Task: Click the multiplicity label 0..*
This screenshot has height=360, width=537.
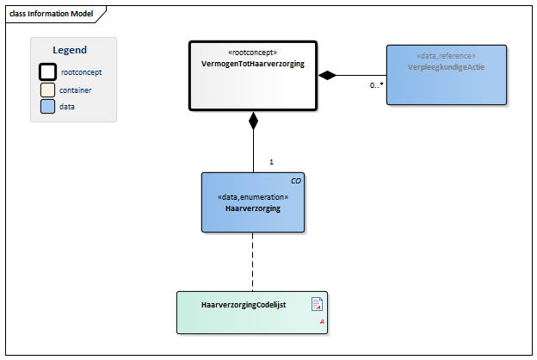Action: coord(376,85)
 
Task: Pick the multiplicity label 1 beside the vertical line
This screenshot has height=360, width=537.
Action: coord(271,162)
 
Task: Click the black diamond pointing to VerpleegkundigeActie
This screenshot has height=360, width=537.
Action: coord(327,76)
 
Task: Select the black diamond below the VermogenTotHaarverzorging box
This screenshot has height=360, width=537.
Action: coord(253,121)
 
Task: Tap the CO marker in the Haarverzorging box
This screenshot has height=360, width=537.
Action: coord(296,181)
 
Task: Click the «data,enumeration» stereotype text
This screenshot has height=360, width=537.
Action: coord(253,196)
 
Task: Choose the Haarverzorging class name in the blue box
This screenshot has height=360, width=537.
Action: coord(253,208)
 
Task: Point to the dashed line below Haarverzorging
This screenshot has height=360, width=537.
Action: coord(253,263)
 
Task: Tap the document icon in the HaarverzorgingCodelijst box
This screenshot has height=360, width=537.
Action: coord(317,303)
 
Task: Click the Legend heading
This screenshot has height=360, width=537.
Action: coord(70,50)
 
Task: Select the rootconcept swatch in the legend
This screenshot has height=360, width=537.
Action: coord(49,72)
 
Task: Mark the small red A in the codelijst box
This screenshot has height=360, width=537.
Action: coord(322,320)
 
